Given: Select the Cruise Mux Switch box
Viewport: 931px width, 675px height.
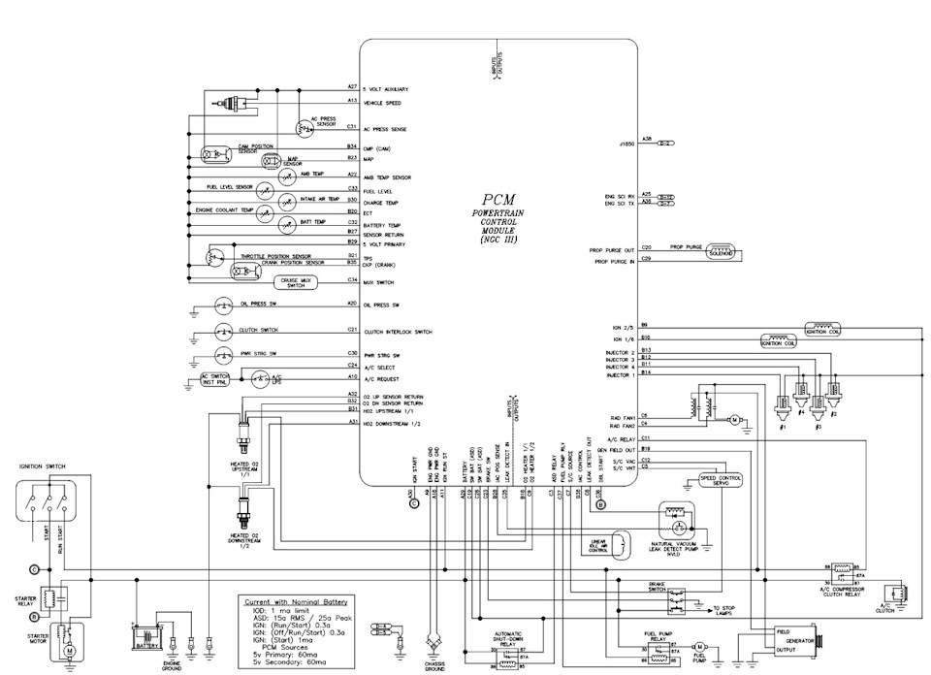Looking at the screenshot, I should coord(295,282).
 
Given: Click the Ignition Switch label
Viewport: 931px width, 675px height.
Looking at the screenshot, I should coord(43,466).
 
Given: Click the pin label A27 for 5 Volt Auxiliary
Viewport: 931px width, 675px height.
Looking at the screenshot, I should coord(353,87).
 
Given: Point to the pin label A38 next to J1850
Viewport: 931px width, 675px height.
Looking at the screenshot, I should coord(646,140).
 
